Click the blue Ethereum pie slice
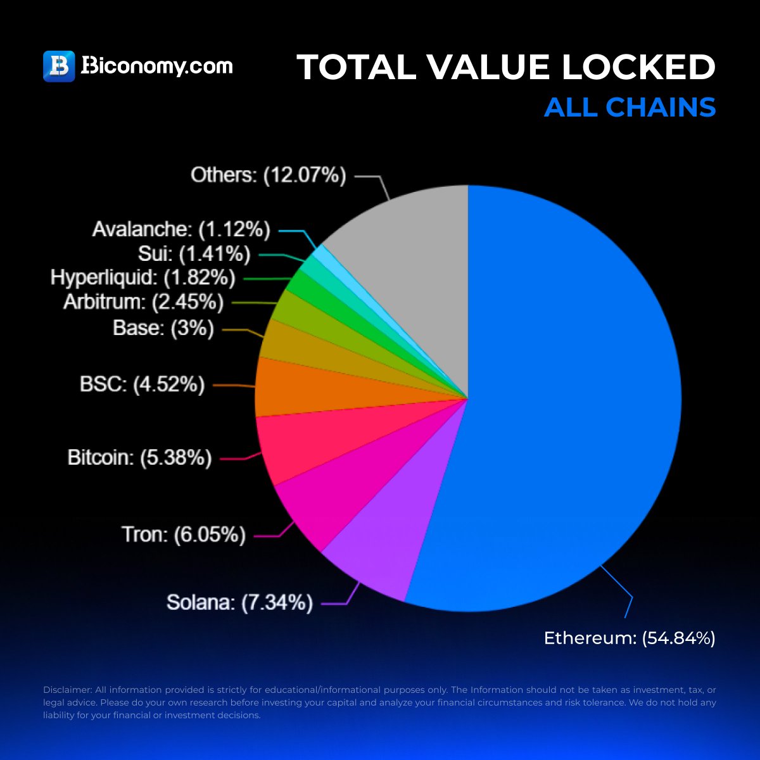[x=570, y=405]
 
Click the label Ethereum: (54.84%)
[x=630, y=638]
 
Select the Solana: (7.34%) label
[x=239, y=602]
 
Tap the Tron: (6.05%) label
[x=184, y=535]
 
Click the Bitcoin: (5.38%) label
[x=139, y=457]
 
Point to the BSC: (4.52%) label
[x=142, y=384]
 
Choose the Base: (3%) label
[x=163, y=327]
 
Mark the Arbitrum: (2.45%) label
[x=143, y=302]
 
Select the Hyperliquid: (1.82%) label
[x=142, y=277]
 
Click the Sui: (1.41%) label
[x=194, y=253]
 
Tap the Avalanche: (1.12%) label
[x=181, y=229]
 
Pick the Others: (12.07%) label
[x=269, y=175]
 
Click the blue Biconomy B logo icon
[x=59, y=66]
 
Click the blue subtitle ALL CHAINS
[x=630, y=107]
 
